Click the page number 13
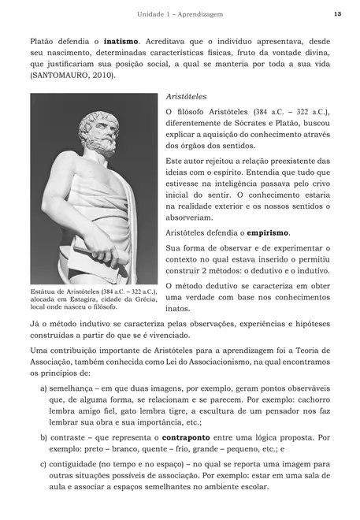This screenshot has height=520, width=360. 337,13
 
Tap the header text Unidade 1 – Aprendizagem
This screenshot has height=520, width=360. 180,14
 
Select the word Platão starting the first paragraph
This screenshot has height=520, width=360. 44,39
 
